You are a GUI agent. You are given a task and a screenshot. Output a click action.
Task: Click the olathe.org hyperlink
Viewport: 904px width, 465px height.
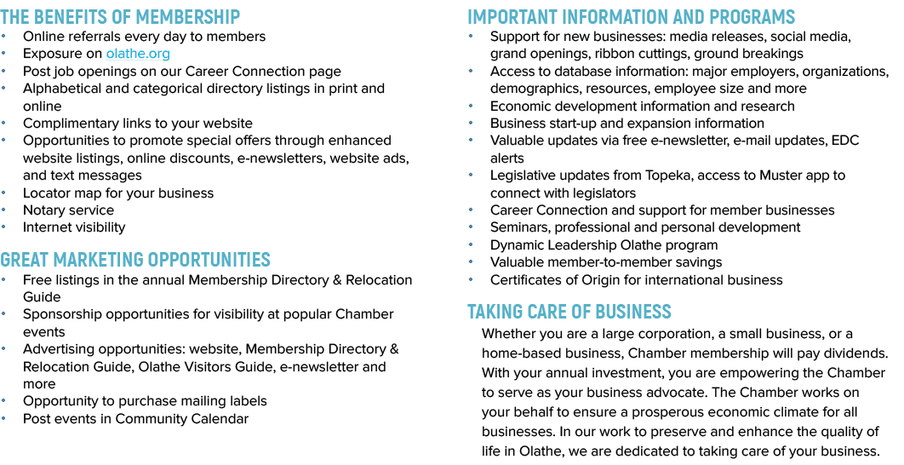pyautogui.click(x=138, y=54)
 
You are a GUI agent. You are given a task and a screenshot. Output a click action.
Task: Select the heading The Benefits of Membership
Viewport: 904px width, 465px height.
pyautogui.click(x=120, y=17)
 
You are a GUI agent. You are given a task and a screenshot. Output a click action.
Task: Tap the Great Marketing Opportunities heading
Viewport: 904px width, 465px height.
pyautogui.click(x=134, y=260)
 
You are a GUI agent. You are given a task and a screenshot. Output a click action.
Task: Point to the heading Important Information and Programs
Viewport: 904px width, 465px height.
pyautogui.click(x=632, y=17)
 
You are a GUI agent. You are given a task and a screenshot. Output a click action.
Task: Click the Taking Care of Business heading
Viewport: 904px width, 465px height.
pyautogui.click(x=569, y=312)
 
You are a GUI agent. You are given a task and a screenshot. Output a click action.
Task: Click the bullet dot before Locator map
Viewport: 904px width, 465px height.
pyautogui.click(x=4, y=192)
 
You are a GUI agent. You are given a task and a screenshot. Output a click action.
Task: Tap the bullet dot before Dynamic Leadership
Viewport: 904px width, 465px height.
pyautogui.click(x=471, y=244)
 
